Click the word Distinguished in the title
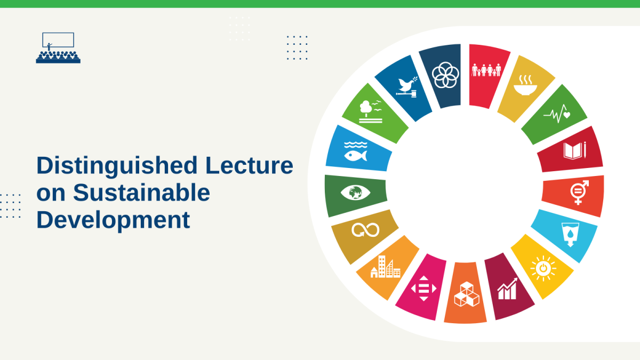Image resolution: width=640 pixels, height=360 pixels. tap(117, 166)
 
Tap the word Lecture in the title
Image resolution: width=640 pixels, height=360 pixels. tap(249, 165)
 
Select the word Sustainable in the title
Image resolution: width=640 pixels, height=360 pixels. tap(141, 193)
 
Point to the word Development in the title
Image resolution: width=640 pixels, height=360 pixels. tap(113, 220)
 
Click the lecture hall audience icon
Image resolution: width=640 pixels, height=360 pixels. tap(58, 47)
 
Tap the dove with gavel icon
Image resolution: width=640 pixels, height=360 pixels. tap(406, 87)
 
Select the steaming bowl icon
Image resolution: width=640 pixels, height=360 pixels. tap(525, 85)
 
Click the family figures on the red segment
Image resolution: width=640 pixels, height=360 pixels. tap(486, 70)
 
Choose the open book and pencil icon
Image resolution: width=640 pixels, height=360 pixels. tap(575, 150)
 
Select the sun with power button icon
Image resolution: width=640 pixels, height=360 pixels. tap(543, 269)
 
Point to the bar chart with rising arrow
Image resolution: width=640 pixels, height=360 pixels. tap(507, 289)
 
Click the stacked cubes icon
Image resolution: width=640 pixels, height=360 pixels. tap(467, 294)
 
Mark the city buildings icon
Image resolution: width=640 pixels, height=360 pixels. tap(386, 267)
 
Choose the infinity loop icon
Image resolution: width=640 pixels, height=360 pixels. tap(365, 230)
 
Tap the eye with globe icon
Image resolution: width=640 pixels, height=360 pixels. tap(355, 193)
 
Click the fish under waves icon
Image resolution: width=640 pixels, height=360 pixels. tap(356, 151)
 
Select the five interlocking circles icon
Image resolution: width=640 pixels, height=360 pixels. tap(445, 75)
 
